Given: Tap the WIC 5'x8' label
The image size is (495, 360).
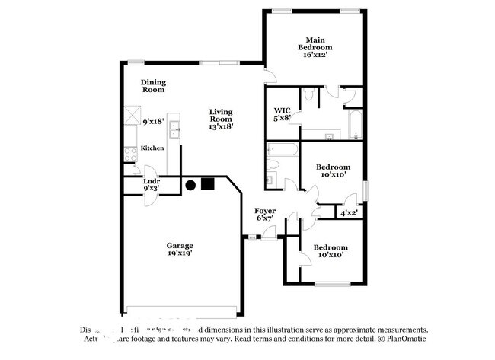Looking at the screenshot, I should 283,113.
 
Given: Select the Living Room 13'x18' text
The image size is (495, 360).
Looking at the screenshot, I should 221,119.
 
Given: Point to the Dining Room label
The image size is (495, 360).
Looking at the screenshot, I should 153,86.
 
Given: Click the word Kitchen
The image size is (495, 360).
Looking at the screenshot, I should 152,148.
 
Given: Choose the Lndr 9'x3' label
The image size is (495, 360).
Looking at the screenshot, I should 151,185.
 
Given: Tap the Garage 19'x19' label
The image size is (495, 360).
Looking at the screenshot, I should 180,250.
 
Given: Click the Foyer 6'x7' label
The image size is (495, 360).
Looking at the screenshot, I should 266,215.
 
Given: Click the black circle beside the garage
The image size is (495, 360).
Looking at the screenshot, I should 190,183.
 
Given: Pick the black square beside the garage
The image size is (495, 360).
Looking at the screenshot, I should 207,183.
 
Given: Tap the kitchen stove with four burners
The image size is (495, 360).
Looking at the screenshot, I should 129,154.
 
